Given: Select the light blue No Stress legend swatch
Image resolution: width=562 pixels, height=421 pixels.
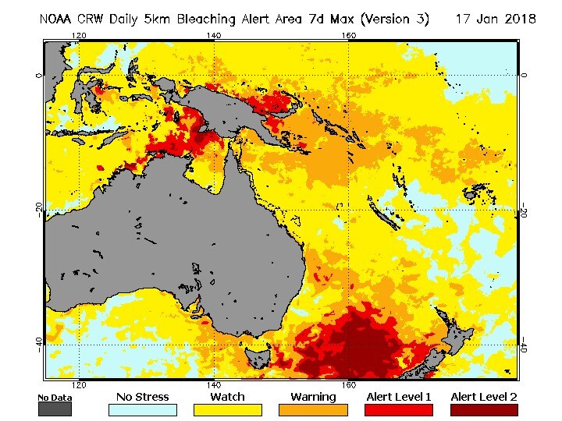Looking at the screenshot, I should (142, 410).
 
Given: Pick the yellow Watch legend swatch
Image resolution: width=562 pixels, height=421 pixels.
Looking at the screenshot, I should (228, 410).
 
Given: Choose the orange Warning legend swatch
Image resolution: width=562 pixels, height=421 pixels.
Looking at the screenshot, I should (314, 410).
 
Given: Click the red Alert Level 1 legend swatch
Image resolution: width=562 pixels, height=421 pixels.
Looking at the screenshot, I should (399, 410).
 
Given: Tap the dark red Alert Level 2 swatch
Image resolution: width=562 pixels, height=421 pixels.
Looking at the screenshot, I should (484, 410).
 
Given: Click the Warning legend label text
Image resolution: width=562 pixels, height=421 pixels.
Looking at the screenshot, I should (314, 397).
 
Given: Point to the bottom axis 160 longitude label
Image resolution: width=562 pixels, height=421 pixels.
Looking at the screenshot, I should (348, 384).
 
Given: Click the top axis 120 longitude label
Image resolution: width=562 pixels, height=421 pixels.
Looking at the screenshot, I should (78, 36).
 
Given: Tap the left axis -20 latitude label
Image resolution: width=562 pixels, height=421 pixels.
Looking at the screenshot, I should (37, 210).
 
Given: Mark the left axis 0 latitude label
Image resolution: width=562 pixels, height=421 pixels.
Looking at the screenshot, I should (37, 76).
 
